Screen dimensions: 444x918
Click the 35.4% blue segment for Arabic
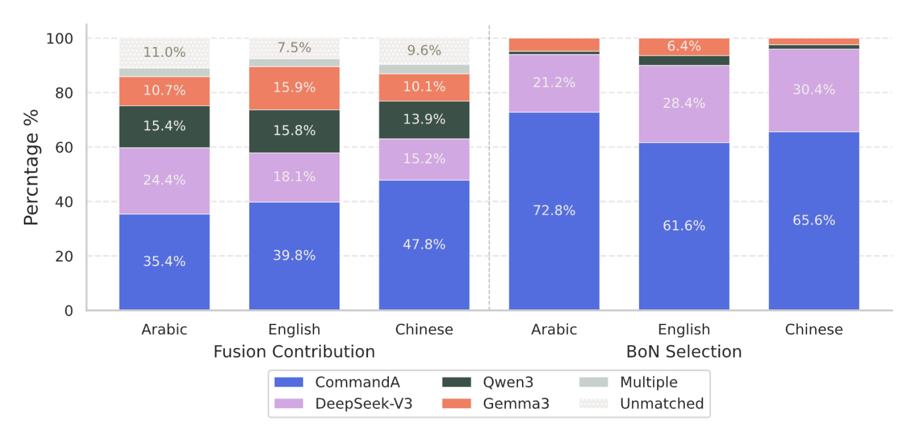tap(164, 261)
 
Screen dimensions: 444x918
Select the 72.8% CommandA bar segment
tap(554, 210)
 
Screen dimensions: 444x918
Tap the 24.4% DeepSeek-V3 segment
tap(164, 180)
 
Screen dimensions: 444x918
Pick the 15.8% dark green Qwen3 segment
tap(294, 131)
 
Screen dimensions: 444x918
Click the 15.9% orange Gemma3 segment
tap(294, 88)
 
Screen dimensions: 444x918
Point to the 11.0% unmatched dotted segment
tap(164, 52)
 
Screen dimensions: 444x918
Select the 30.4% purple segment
tap(814, 90)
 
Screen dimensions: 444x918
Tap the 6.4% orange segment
tap(684, 46)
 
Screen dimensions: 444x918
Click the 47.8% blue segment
tap(424, 244)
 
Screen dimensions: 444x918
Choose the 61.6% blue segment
tap(684, 226)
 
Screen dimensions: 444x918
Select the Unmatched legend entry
tap(661, 403)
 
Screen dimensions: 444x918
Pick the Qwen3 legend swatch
tap(456, 382)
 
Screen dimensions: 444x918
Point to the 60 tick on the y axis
tap(64, 148)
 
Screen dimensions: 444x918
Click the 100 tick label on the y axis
tap(60, 39)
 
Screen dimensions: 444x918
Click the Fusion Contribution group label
tap(294, 352)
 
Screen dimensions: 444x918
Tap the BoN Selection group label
tap(683, 352)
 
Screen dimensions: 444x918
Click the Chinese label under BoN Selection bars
tap(814, 329)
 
